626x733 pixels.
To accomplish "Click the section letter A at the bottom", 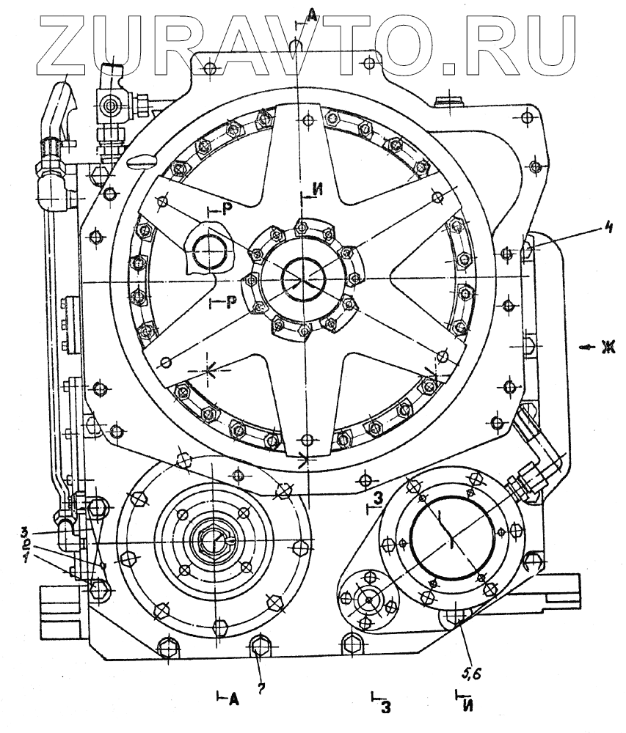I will pyautogui.click(x=234, y=699).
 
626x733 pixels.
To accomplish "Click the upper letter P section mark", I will pyautogui.click(x=228, y=210).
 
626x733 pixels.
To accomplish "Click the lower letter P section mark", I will pyautogui.click(x=230, y=303).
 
